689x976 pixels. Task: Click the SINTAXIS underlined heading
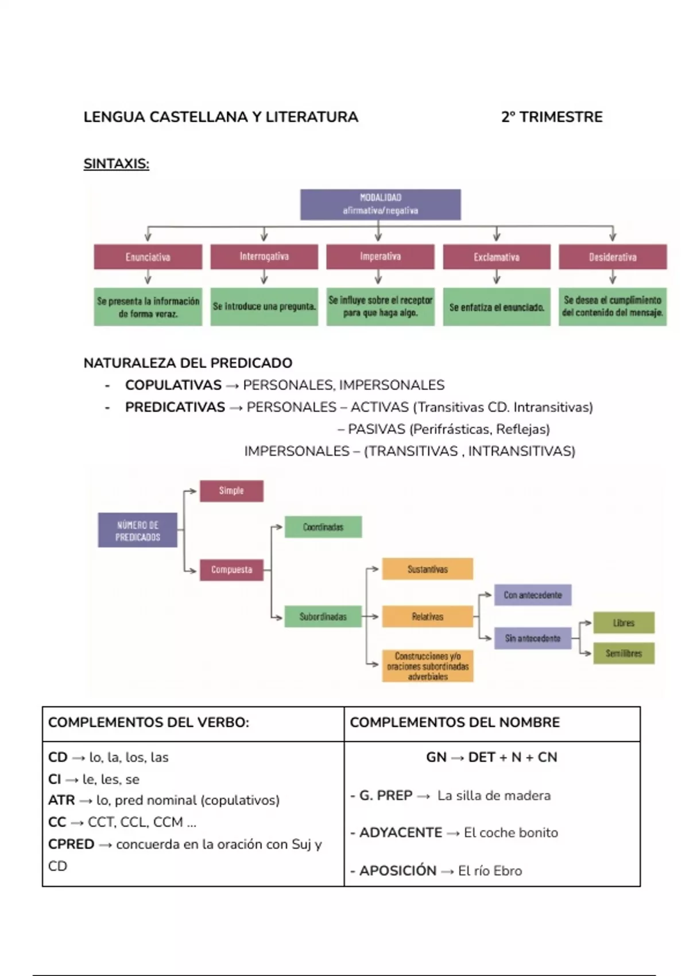(x=116, y=164)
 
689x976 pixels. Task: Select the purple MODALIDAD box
(x=380, y=204)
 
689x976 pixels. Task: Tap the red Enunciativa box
(x=148, y=257)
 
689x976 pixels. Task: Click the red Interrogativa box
(x=264, y=257)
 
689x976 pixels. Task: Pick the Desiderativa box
(x=613, y=257)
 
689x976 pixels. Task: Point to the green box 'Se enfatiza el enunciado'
(x=497, y=307)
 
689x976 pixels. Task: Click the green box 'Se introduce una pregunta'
(x=264, y=307)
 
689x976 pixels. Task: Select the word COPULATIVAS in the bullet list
(x=173, y=385)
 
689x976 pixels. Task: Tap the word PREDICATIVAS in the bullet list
(x=175, y=408)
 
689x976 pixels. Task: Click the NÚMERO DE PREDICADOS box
(x=138, y=530)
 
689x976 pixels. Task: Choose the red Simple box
(x=231, y=491)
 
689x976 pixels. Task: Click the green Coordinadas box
(x=323, y=527)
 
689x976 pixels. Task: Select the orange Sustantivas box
(x=428, y=569)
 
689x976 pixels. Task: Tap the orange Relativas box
(x=428, y=617)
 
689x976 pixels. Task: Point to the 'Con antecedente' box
(x=533, y=595)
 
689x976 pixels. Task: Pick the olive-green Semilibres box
(x=624, y=653)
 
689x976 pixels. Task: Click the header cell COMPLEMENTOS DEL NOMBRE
(x=455, y=722)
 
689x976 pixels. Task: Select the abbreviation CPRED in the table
(x=71, y=845)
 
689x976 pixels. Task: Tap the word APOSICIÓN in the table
(x=398, y=871)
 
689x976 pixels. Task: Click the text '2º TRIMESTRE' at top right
(x=552, y=117)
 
